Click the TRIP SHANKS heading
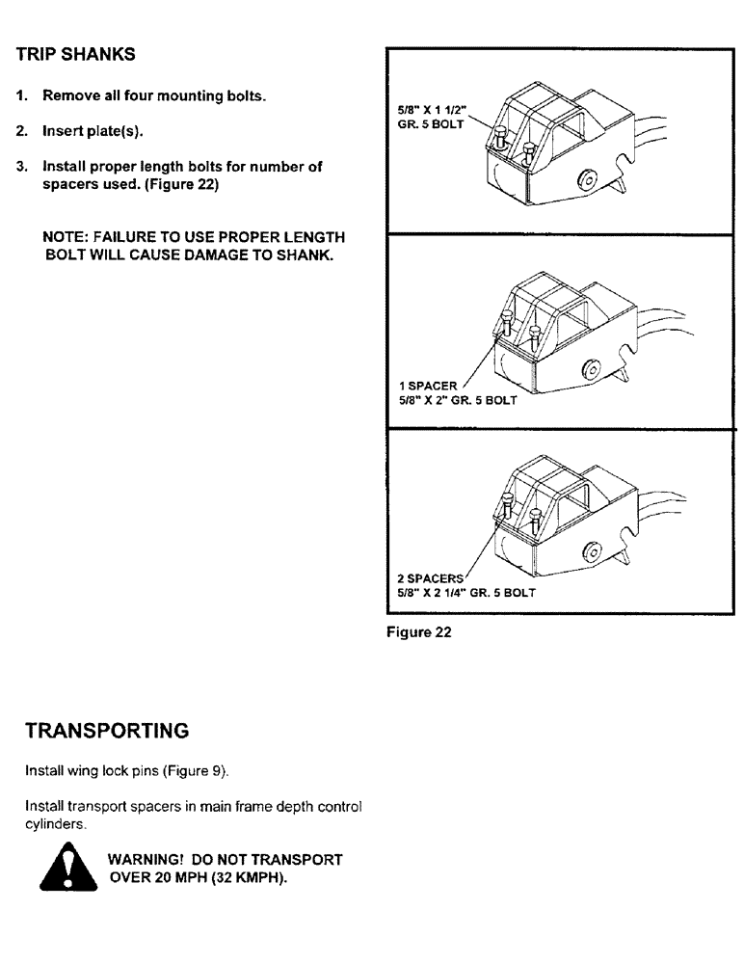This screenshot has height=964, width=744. point(76,55)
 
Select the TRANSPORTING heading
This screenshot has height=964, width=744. point(106,731)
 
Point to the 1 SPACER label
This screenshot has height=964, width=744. point(427,386)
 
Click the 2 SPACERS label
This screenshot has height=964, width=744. point(431,579)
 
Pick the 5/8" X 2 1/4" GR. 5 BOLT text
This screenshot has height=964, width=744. point(466,593)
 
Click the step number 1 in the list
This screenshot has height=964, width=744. point(20,96)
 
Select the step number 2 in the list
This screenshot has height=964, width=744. point(20,131)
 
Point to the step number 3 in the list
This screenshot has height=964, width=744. point(20,167)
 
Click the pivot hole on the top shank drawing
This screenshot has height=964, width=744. point(585,179)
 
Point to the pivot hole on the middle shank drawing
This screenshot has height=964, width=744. point(586,370)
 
